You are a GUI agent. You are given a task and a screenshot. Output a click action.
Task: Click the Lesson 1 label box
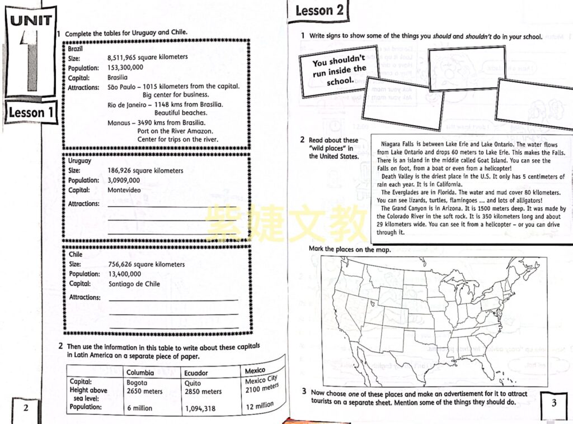(31, 112)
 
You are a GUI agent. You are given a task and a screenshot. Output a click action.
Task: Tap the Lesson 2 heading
(319, 11)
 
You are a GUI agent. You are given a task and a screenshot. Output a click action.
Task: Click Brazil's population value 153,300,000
(125, 68)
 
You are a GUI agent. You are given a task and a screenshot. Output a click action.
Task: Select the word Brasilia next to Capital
(118, 77)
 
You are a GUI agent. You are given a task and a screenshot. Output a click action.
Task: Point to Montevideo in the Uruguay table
(124, 190)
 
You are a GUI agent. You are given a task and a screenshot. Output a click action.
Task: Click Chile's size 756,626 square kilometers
(147, 264)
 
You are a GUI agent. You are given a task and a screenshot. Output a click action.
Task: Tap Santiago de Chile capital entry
(134, 284)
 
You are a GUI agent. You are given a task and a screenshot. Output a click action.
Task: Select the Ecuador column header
(196, 373)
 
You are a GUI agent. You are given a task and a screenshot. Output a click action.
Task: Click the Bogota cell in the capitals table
(137, 383)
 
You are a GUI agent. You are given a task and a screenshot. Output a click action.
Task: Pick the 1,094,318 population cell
(200, 409)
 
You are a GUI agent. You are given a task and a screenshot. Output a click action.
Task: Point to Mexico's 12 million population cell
(260, 406)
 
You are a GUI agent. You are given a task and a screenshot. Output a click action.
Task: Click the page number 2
(26, 408)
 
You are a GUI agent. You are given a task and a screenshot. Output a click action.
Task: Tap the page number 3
(554, 403)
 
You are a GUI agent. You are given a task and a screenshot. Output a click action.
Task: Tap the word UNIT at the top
(31, 21)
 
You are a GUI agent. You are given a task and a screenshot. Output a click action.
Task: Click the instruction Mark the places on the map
(350, 249)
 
